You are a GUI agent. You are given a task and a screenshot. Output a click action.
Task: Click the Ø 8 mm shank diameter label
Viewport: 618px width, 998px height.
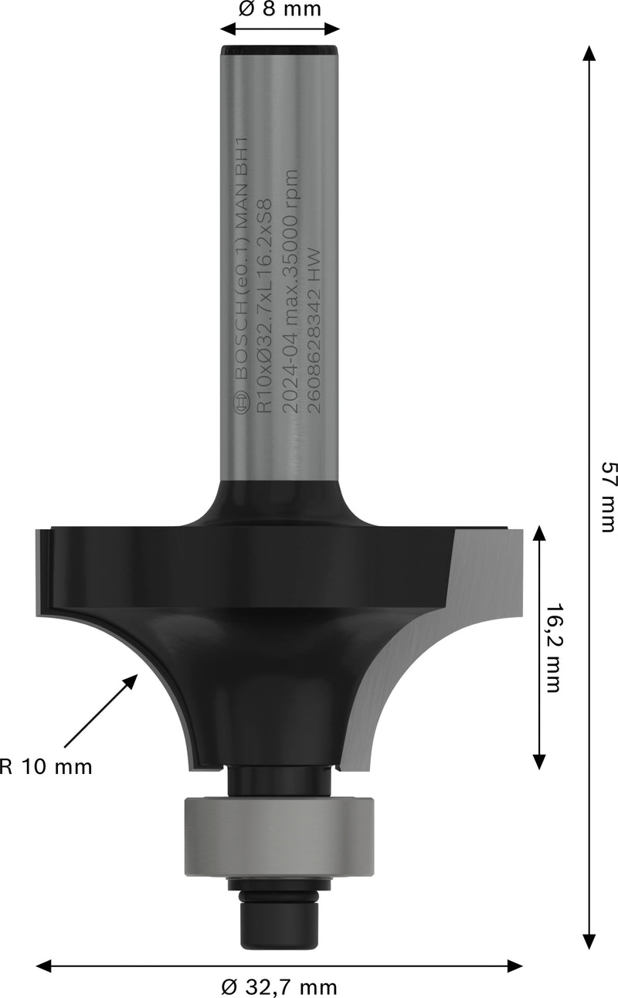[x=280, y=9]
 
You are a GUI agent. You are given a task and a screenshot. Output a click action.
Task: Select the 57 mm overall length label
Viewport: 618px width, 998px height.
[x=608, y=486]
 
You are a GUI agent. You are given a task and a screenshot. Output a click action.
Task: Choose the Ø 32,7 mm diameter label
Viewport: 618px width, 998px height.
[x=279, y=986]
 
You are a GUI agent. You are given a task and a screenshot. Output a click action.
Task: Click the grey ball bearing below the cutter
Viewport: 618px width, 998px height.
[x=279, y=837]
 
